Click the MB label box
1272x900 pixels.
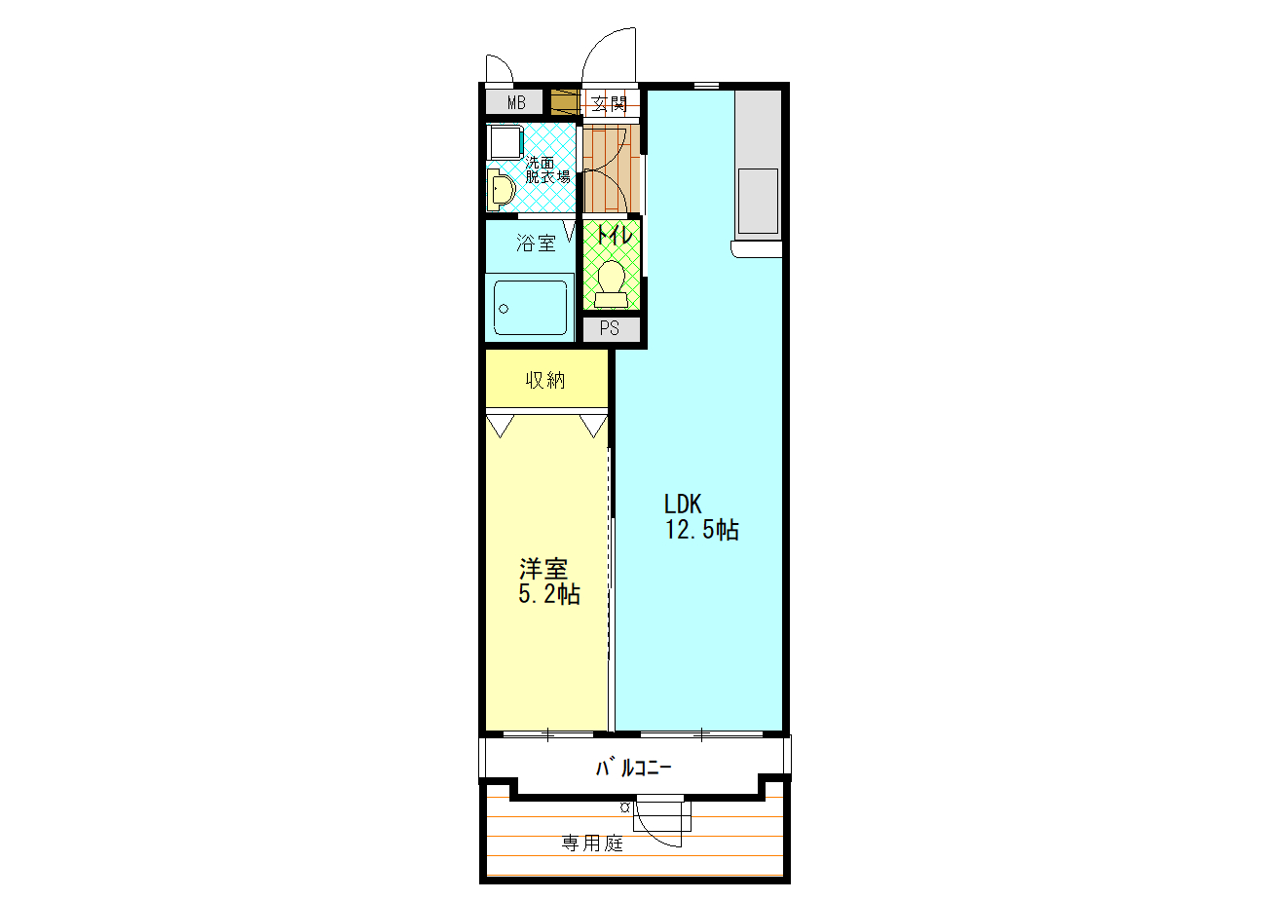(x=515, y=102)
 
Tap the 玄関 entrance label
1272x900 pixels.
(x=611, y=103)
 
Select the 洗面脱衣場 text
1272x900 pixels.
(x=547, y=169)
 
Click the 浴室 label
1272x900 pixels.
(x=536, y=244)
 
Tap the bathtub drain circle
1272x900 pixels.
(x=504, y=308)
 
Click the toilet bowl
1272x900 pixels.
(x=612, y=278)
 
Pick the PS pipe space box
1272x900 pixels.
(x=611, y=328)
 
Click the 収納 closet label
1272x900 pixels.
(x=546, y=380)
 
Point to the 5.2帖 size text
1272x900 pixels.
(x=549, y=594)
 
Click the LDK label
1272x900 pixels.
(x=684, y=505)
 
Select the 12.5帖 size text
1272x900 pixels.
(x=701, y=531)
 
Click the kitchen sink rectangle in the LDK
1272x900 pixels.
(x=758, y=200)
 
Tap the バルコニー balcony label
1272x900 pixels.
(x=633, y=769)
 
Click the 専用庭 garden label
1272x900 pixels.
(x=591, y=844)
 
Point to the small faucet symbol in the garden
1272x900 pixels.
(x=624, y=806)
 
